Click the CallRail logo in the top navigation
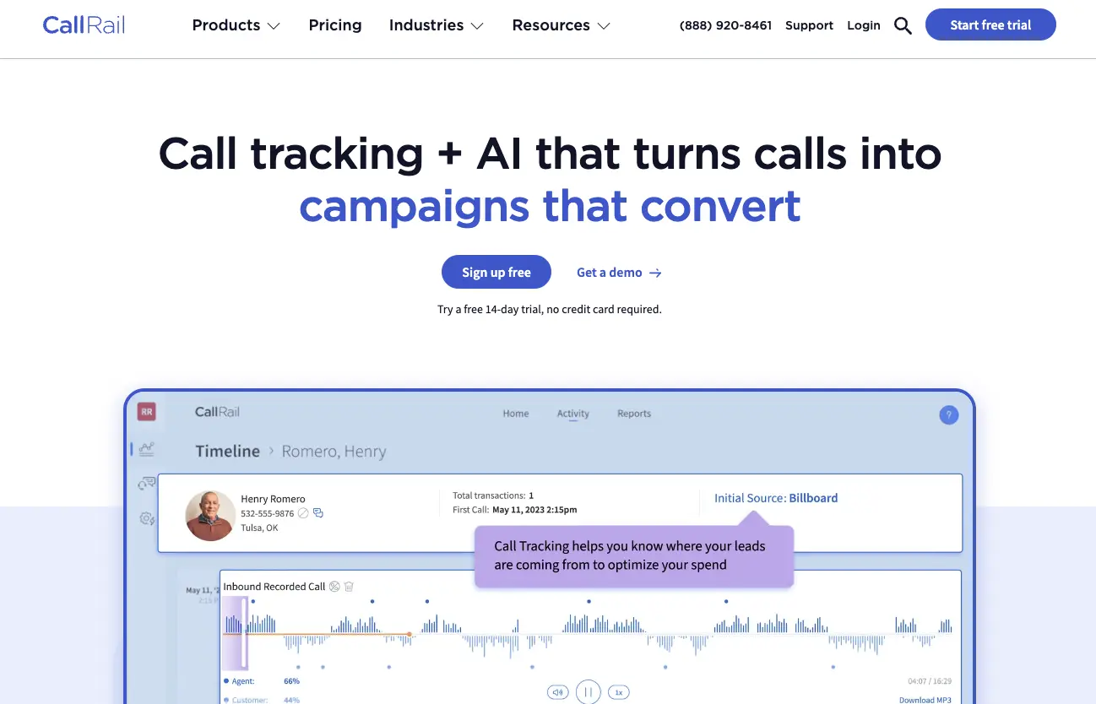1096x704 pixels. pos(84,25)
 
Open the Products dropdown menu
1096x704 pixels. pos(236,25)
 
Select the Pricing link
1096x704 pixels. pos(335,25)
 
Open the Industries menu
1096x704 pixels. pos(436,25)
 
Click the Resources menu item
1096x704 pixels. pos(561,25)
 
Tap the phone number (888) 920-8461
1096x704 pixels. pos(725,25)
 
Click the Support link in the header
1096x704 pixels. pos(809,25)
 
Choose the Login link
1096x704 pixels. pos(863,25)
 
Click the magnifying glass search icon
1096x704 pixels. pos(903,26)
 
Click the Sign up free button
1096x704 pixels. pos(496,273)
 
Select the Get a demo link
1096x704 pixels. pos(619,273)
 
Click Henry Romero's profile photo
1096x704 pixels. pos(210,515)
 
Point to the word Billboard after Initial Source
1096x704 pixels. pos(813,498)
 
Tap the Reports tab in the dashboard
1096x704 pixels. pos(633,414)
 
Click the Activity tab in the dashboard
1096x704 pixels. pos(572,414)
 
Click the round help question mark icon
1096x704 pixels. pos(948,414)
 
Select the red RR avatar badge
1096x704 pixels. pos(147,412)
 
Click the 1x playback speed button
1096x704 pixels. pos(618,692)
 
